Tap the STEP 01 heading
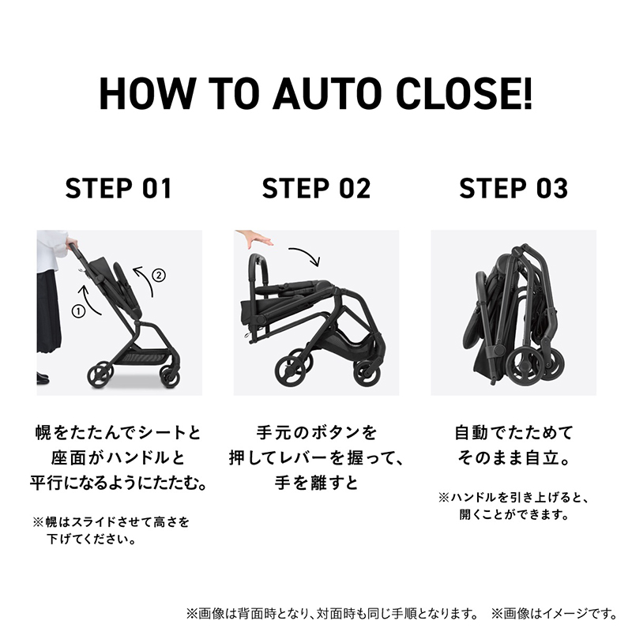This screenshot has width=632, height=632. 118,190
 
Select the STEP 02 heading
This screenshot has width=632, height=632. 316,190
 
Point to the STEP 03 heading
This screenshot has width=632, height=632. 513,190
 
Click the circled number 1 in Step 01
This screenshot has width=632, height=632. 77,311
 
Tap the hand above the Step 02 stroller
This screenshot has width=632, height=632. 254,239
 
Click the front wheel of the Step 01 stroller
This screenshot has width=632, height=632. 169,375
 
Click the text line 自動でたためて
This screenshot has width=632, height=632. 513,433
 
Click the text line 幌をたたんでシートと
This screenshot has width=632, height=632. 118,433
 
